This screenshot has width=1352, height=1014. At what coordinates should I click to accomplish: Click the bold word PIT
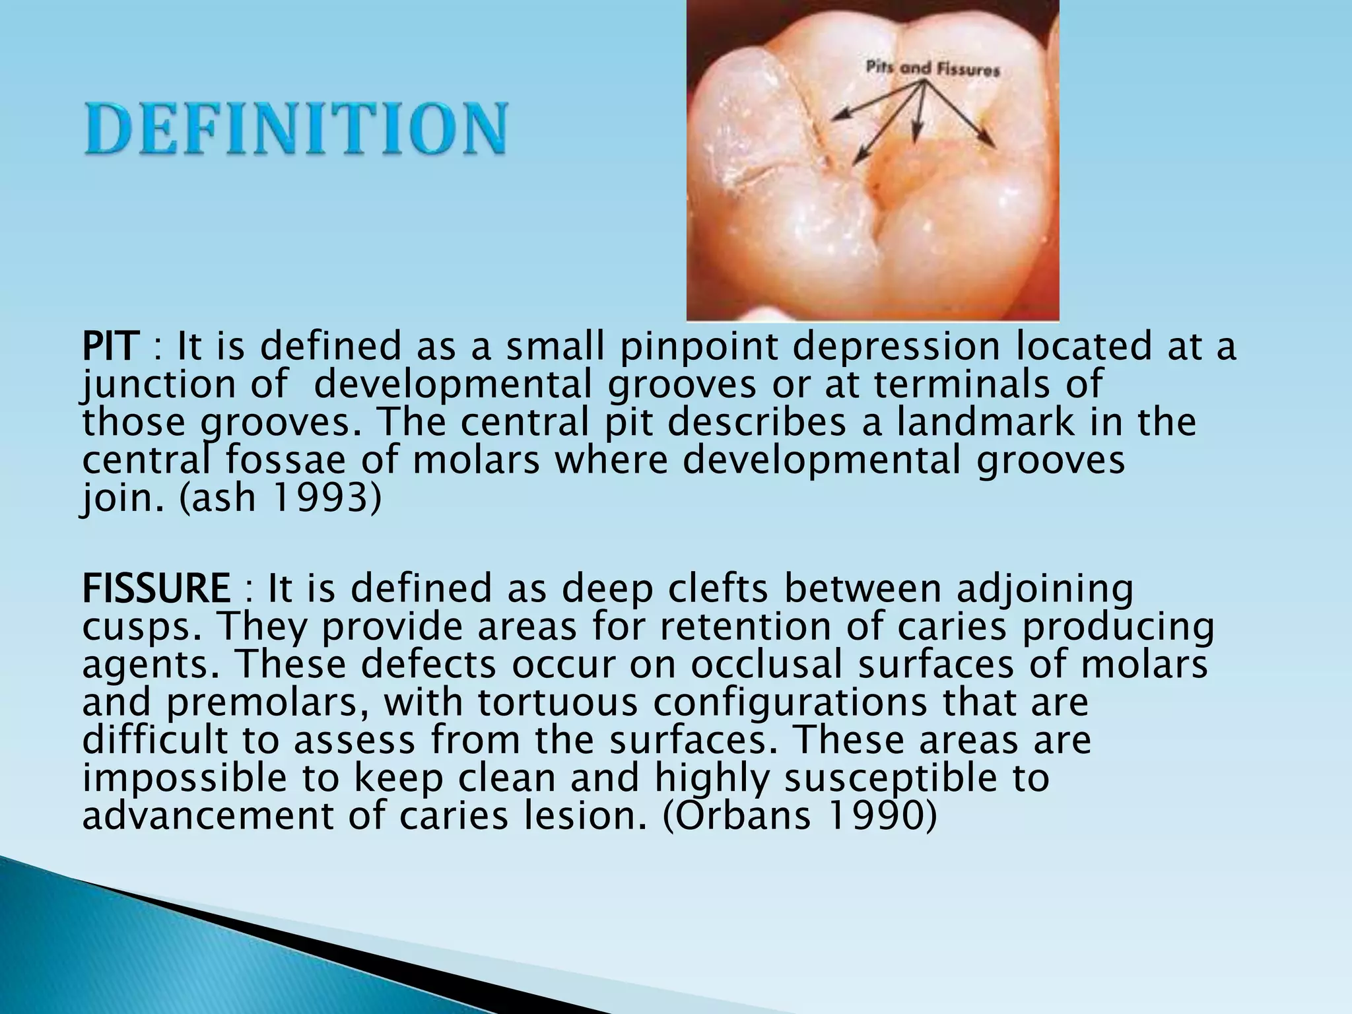(x=110, y=347)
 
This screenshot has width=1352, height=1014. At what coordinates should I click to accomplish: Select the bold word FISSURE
(x=156, y=588)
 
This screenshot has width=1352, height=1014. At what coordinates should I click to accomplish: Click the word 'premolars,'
(x=267, y=702)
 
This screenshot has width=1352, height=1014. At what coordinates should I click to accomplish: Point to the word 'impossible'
(x=185, y=778)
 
